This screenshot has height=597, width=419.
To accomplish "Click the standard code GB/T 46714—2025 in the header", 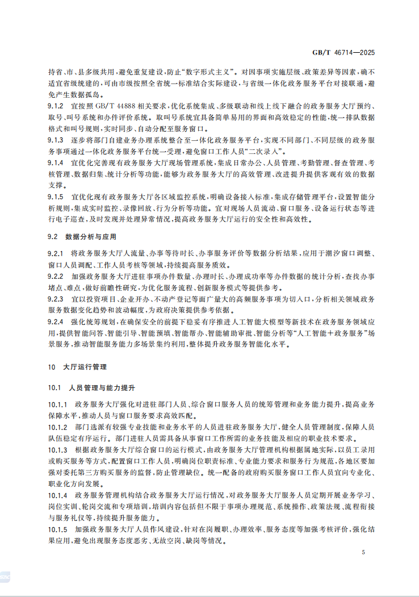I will tap(344, 53).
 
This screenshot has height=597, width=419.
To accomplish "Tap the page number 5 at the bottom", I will tap(363, 552).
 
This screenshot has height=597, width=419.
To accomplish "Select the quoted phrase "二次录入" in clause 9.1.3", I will tap(267, 151).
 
